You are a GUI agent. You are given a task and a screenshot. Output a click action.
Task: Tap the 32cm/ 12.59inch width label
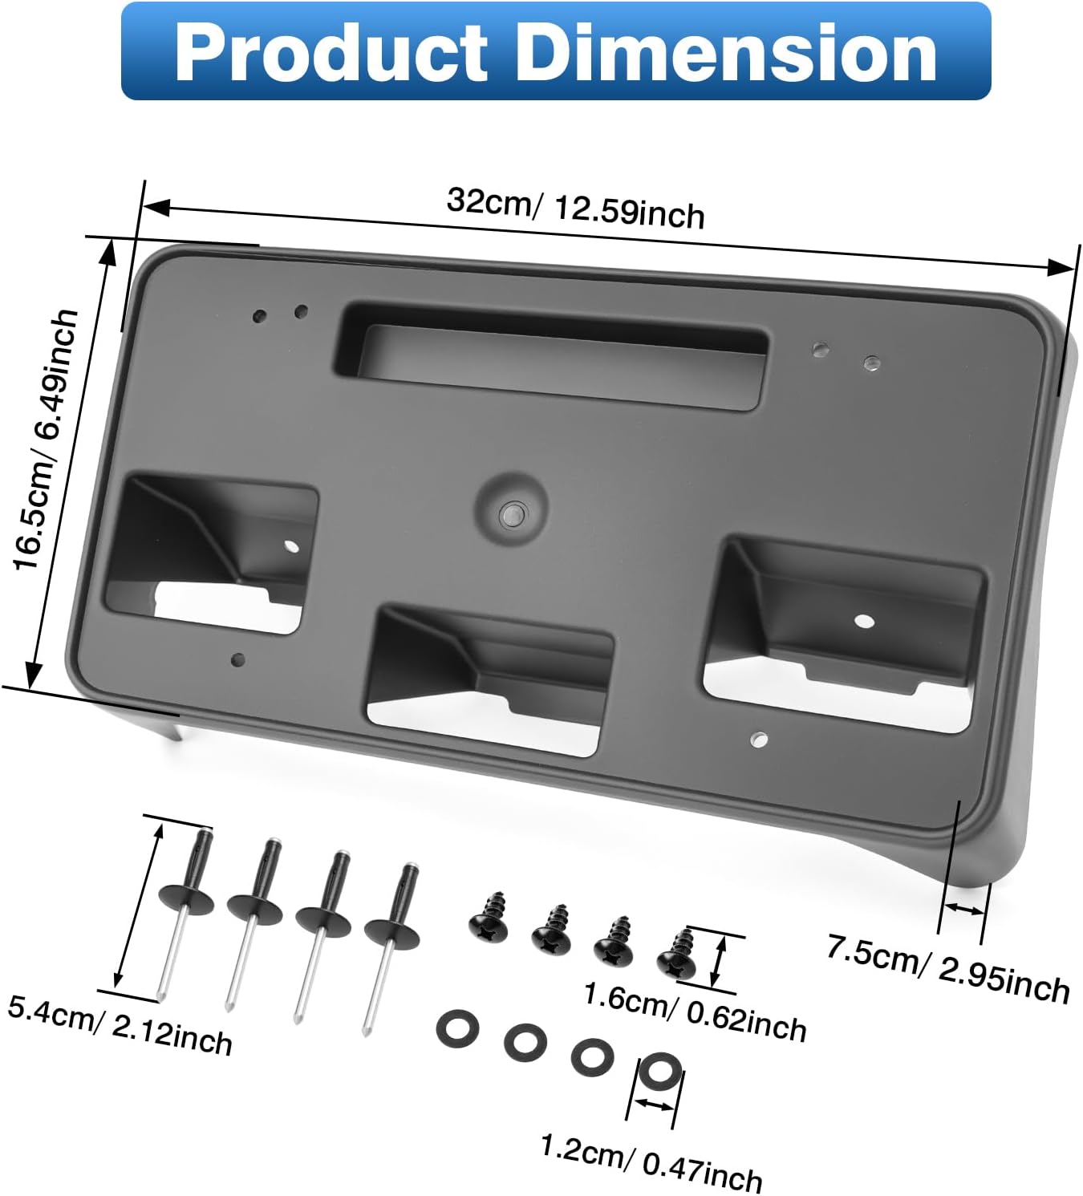click(x=575, y=208)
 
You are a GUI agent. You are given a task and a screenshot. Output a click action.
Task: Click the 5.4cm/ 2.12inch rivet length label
click(x=120, y=1024)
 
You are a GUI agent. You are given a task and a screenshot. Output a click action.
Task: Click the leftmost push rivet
click(x=185, y=906)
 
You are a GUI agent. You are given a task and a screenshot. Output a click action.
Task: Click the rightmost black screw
click(x=676, y=953)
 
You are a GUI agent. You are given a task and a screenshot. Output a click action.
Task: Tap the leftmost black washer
click(x=457, y=1029)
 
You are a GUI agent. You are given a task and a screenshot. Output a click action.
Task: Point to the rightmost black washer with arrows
click(x=659, y=1071)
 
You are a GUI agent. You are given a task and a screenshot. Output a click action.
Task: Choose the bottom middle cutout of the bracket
click(x=490, y=678)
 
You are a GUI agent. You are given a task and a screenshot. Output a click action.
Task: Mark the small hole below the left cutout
click(x=238, y=660)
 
